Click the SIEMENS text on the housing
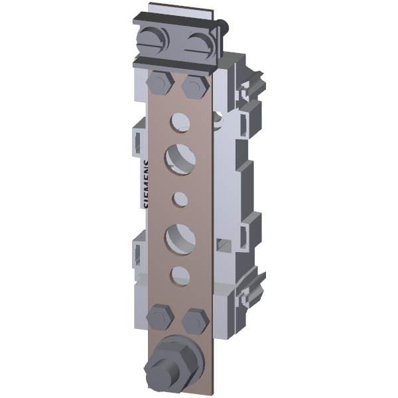[x=147, y=184]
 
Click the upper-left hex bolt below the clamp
[x=160, y=84]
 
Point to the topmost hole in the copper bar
[x=179, y=120]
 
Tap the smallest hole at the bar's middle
[x=180, y=198]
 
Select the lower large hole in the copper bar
[x=179, y=237]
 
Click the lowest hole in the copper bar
[x=180, y=273]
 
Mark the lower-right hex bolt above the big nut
[x=195, y=320]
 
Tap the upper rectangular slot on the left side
[x=137, y=140]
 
